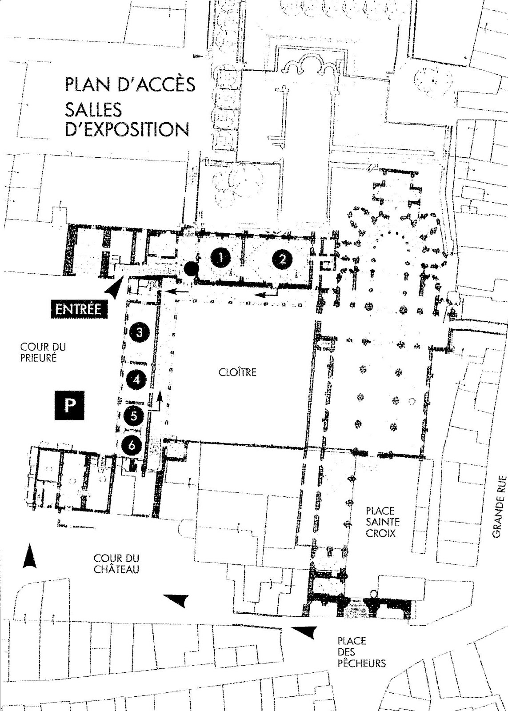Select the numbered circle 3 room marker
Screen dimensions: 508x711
[x=139, y=332]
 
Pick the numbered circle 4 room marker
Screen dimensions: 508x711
[x=136, y=379]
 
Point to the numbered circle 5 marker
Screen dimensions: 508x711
[x=133, y=416]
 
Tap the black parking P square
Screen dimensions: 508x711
[x=69, y=405]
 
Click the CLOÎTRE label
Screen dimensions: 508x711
[x=238, y=372]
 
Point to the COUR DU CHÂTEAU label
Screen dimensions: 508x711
[x=116, y=563]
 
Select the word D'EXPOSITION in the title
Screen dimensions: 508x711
[x=127, y=129]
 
